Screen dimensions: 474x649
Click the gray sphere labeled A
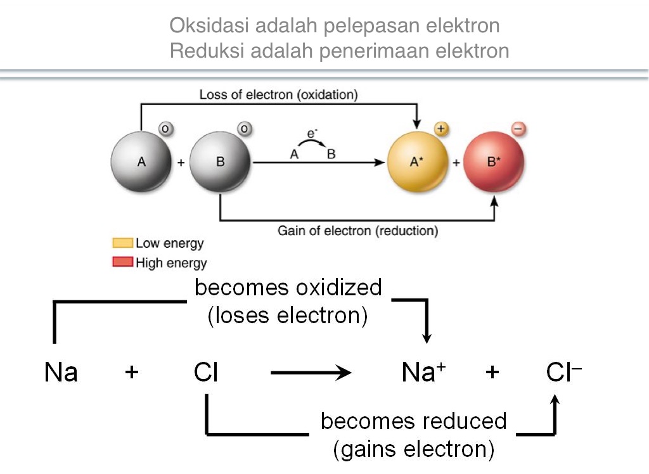141,162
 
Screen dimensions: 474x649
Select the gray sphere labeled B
221,162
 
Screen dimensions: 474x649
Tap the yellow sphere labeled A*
417,162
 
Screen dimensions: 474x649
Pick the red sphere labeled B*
494,162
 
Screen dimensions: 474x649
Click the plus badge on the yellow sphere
441,129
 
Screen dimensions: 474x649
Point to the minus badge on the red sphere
518,129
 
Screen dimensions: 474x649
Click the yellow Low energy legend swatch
122,243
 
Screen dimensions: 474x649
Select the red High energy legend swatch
122,262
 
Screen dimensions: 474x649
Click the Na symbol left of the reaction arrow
61,373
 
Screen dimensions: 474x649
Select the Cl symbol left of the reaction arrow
206,373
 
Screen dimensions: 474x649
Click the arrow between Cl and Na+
311,373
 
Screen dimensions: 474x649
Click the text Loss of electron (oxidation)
279,95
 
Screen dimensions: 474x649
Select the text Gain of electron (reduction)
358,231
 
